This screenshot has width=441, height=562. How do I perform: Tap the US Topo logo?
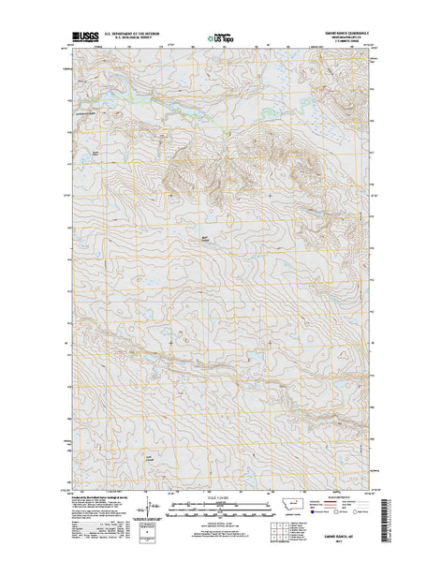point(221,39)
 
